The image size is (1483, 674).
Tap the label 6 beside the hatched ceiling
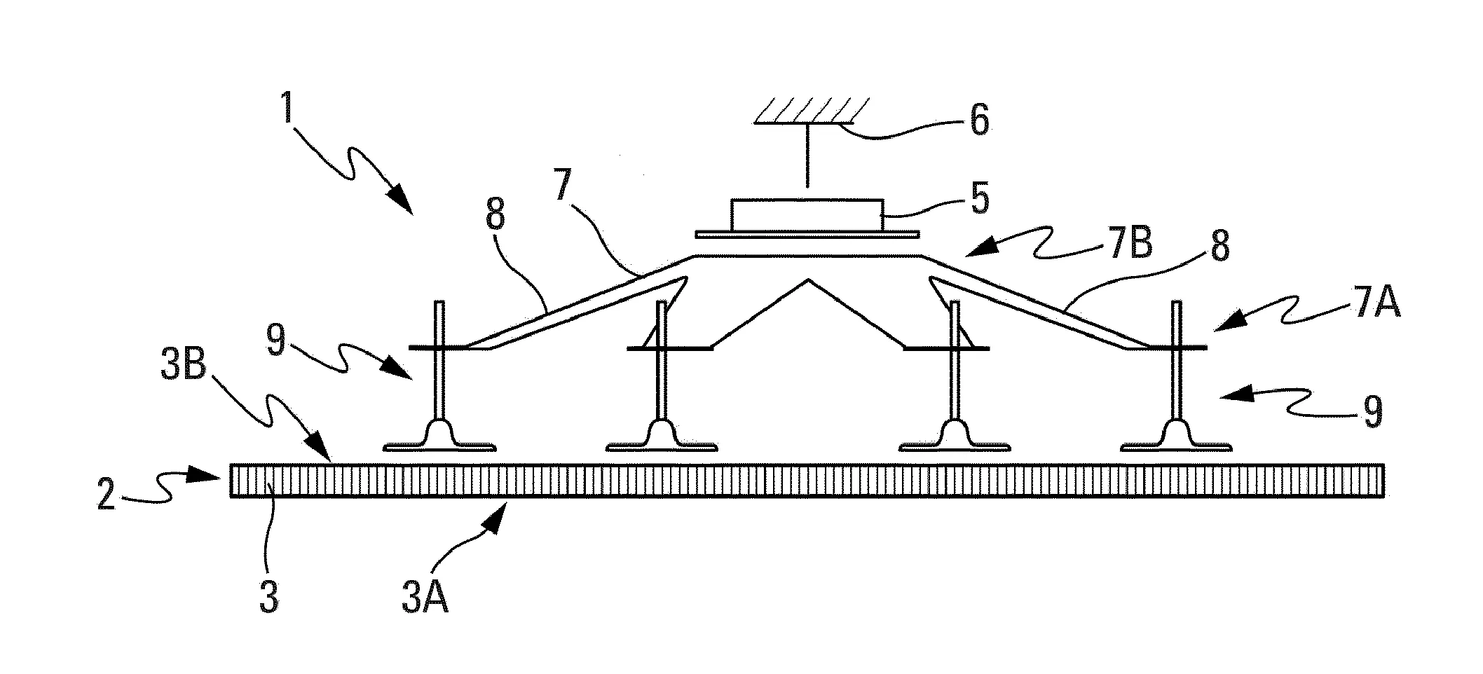[x=978, y=121]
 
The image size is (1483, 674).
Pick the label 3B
[x=183, y=364]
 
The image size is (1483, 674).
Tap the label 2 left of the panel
[x=107, y=495]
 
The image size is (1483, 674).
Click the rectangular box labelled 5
[x=807, y=214]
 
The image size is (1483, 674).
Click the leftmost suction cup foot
[x=440, y=438]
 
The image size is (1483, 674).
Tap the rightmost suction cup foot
[x=1177, y=438]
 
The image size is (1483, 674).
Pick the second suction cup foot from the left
[x=660, y=438]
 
